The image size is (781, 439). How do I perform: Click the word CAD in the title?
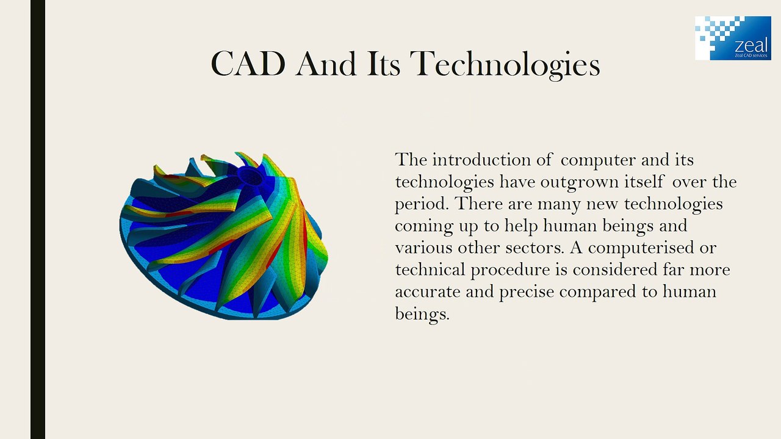[248, 63]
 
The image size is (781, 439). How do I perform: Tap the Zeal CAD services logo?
[733, 38]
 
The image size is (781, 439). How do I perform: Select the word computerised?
[646, 248]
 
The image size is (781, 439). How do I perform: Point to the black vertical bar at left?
[38, 220]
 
